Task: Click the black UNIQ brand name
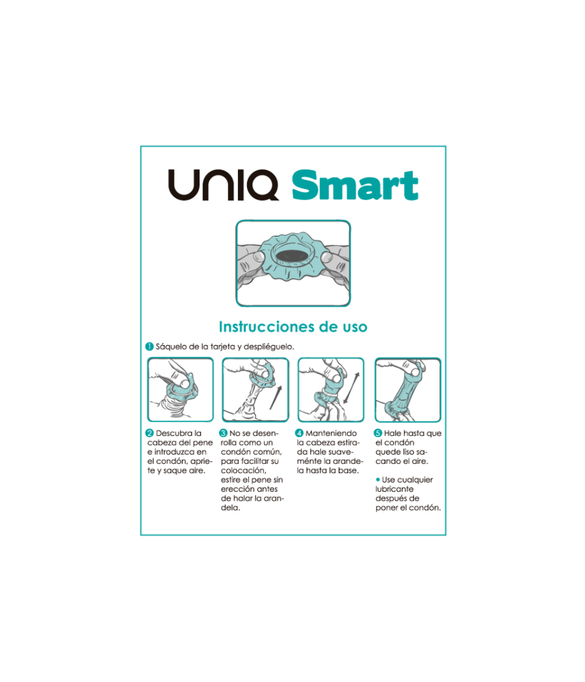(224, 185)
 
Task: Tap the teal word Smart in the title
(354, 186)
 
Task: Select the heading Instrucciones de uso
(292, 327)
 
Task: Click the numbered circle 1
(149, 347)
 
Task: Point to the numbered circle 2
(149, 433)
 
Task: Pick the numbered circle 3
(224, 433)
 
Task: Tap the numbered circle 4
(299, 433)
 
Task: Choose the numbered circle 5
(378, 433)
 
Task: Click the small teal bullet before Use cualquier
(378, 480)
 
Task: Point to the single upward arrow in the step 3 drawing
(278, 396)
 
